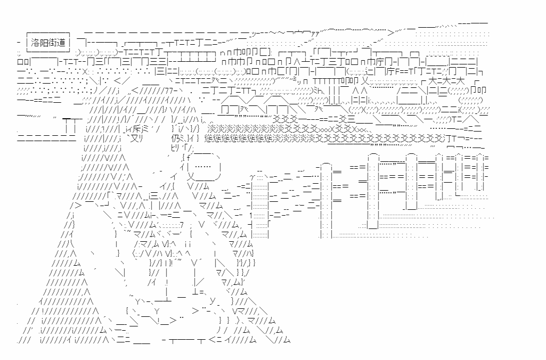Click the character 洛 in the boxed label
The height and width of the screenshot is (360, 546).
[36, 41]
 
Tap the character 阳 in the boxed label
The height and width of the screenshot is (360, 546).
[44, 41]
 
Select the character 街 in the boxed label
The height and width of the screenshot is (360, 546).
[53, 41]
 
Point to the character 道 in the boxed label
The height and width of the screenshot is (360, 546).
[61, 41]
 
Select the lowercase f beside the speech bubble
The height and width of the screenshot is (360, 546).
[188, 157]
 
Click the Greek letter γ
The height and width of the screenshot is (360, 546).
[252, 176]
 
